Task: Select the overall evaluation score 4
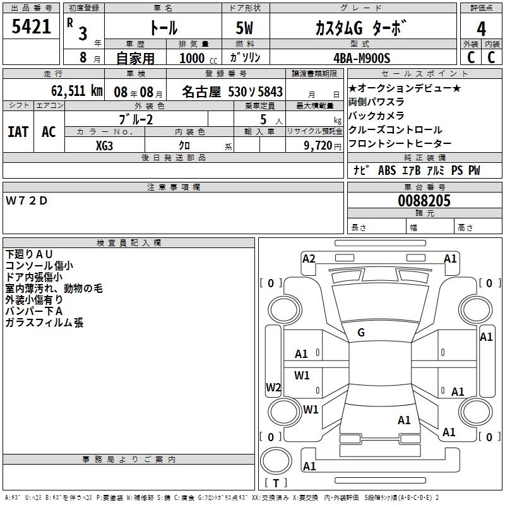tap(481, 28)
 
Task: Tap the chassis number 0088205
tap(424, 201)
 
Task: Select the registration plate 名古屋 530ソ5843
tap(232, 91)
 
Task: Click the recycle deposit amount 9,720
tap(318, 145)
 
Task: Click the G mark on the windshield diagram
tap(361, 332)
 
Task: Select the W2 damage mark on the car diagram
tap(273, 388)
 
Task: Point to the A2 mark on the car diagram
tap(309, 258)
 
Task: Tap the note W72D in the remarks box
tap(27, 201)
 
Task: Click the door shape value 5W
tap(246, 28)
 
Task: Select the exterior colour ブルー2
tap(136, 119)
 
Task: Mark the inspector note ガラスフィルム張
tap(44, 323)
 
